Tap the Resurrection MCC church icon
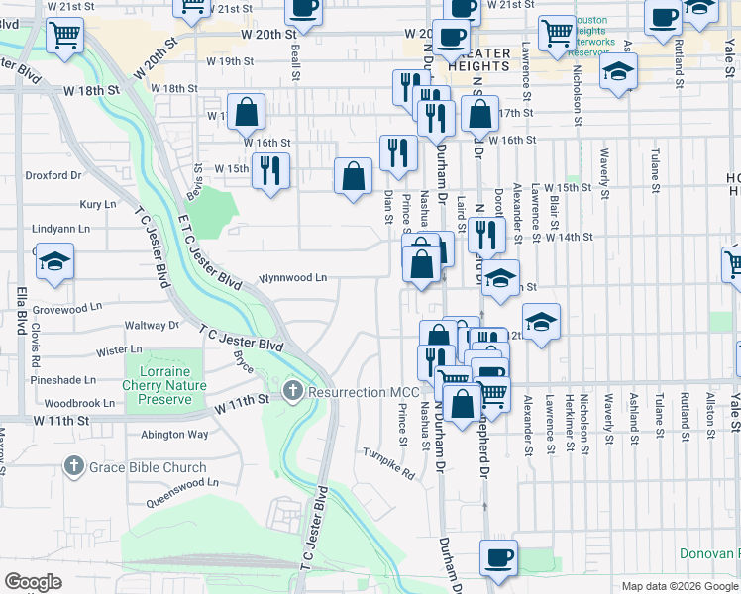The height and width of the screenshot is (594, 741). click(292, 392)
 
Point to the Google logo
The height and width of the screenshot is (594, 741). click(33, 582)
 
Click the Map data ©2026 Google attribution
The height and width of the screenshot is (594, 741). click(679, 586)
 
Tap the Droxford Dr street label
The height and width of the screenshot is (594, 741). click(53, 175)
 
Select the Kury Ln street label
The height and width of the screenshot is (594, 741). click(98, 204)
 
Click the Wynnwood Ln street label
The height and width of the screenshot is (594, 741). click(293, 278)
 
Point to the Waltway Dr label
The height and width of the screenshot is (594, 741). click(152, 325)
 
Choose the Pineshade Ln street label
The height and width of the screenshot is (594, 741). click(62, 379)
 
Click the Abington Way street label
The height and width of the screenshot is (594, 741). click(174, 434)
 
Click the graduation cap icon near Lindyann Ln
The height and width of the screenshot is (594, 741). click(54, 263)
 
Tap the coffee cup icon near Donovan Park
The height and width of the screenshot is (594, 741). click(498, 557)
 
